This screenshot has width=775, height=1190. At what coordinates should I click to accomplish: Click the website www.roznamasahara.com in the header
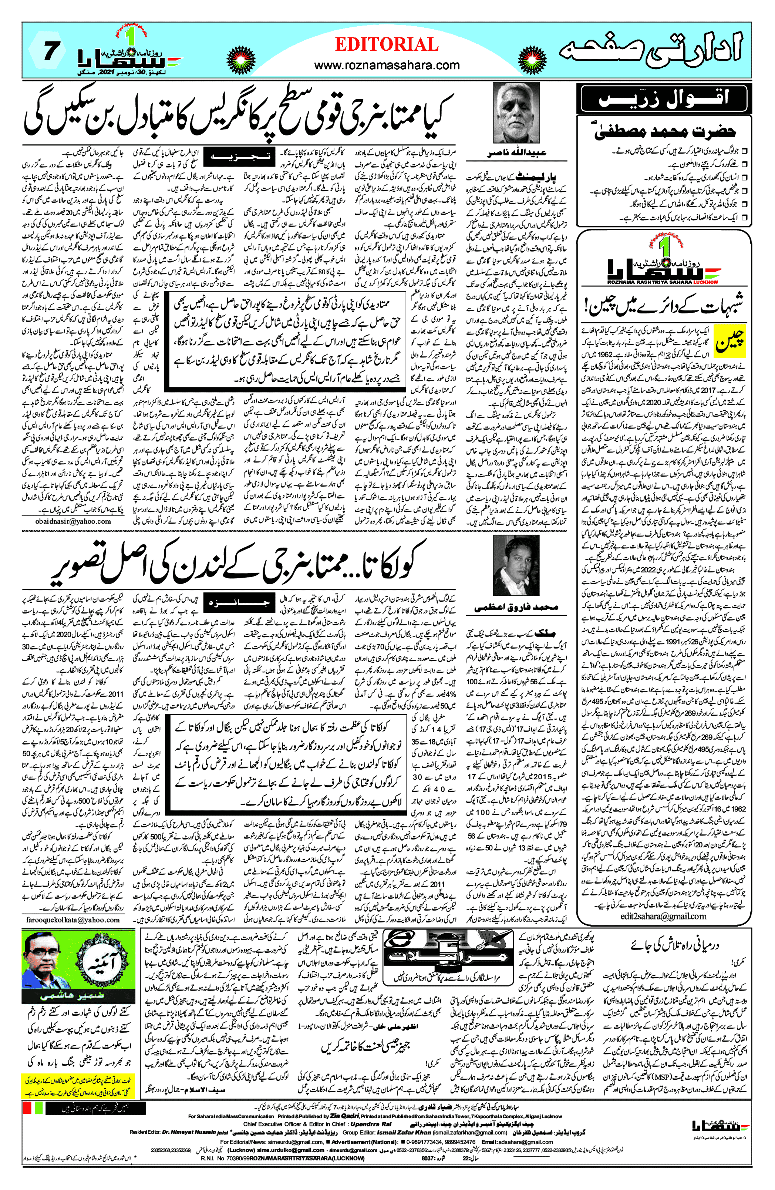tap(387, 65)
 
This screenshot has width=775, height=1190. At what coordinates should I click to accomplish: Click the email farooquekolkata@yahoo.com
tap(73, 920)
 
